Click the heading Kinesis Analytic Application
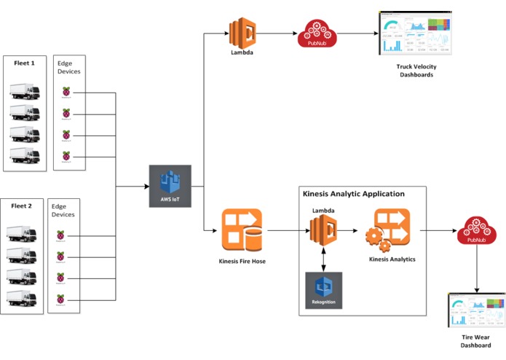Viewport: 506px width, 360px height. [x=353, y=194]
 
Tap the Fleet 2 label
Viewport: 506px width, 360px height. [x=24, y=206]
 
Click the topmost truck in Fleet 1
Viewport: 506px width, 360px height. [x=24, y=92]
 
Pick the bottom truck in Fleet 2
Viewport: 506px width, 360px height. [x=23, y=298]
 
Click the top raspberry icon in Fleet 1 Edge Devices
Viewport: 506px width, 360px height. [x=67, y=92]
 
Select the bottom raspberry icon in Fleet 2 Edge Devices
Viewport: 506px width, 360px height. [x=61, y=297]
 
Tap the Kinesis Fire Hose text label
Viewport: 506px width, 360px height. [x=242, y=261]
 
